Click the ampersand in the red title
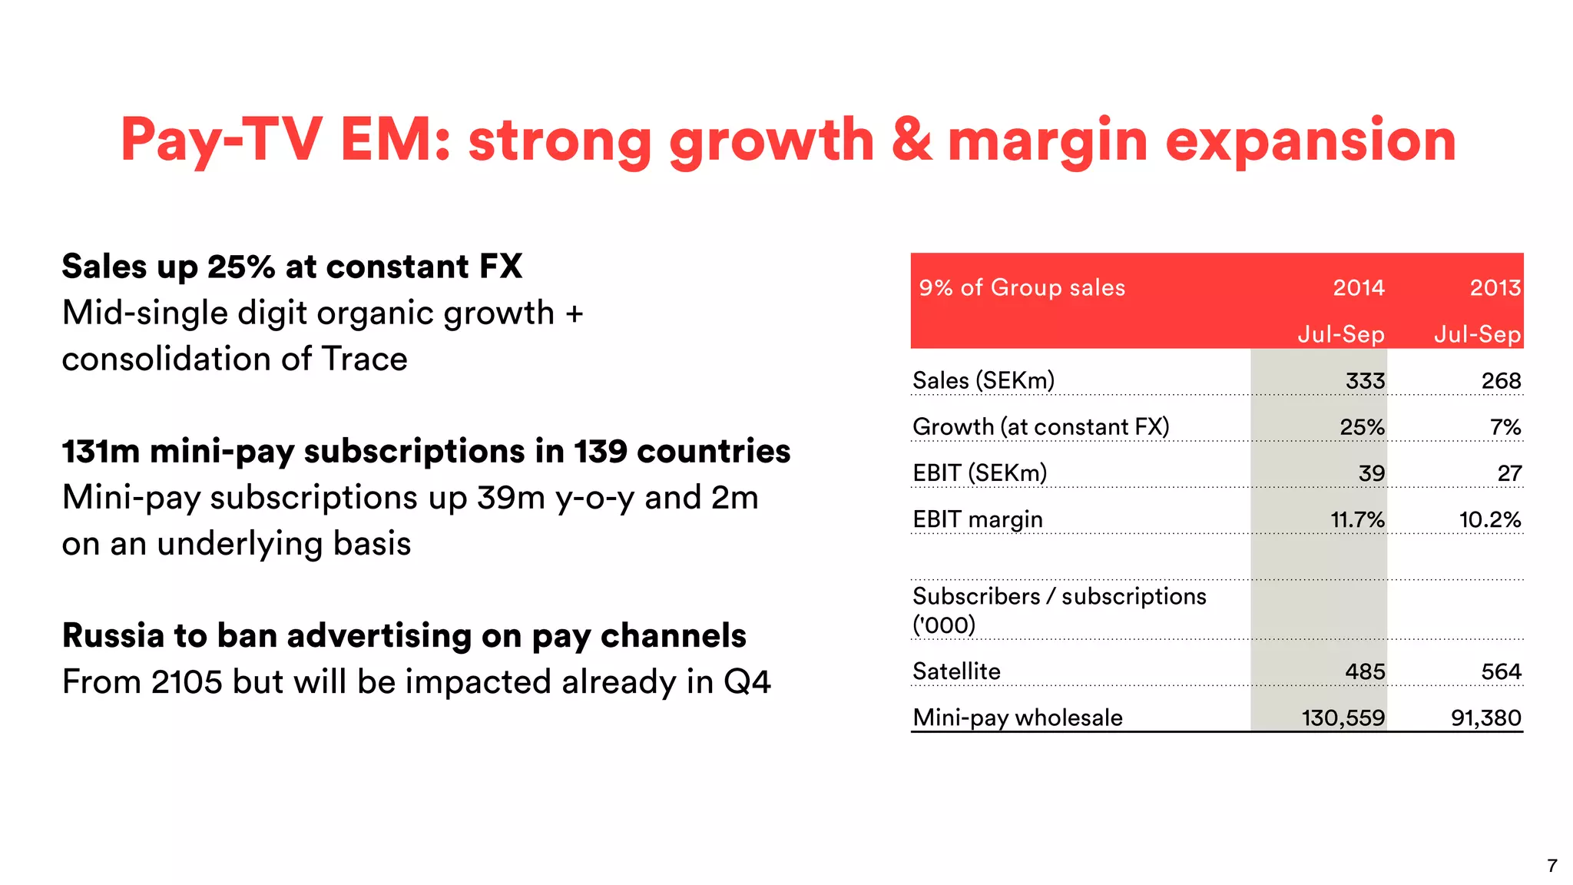tap(912, 140)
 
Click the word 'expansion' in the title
tap(1310, 141)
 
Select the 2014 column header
tap(1358, 288)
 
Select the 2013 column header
tap(1495, 288)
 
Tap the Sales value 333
tap(1365, 381)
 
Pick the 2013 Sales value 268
tap(1501, 381)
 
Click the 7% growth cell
tap(1505, 427)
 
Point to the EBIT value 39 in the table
tap(1371, 473)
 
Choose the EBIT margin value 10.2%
tap(1489, 520)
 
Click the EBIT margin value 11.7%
tap(1357, 520)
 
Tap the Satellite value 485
tap(1365, 672)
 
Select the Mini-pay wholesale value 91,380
tap(1485, 718)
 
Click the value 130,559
tap(1343, 718)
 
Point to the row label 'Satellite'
tap(956, 672)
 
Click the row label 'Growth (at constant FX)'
tap(1041, 427)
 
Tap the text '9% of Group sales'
tap(1022, 288)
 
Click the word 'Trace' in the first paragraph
tap(364, 360)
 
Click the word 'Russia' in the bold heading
tap(113, 636)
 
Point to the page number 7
tap(1551, 866)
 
